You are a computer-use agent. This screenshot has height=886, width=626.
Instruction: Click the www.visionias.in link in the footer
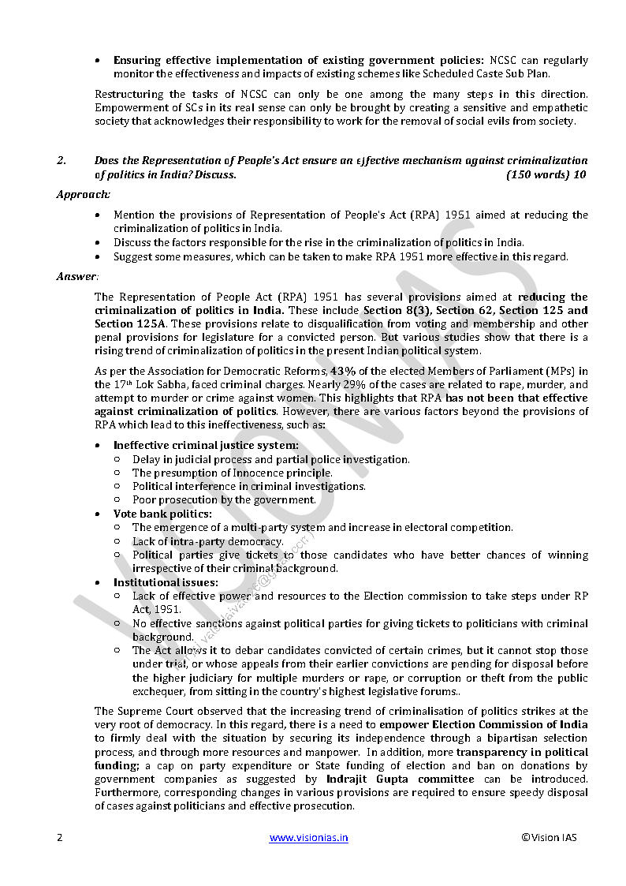pyautogui.click(x=308, y=838)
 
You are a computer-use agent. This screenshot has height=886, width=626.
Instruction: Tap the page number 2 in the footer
pyautogui.click(x=59, y=838)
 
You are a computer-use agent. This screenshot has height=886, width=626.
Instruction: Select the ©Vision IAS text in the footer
pyautogui.click(x=549, y=838)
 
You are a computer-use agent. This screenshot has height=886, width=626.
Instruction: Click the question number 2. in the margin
pyautogui.click(x=61, y=161)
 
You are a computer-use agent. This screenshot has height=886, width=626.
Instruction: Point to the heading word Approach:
pyautogui.click(x=83, y=194)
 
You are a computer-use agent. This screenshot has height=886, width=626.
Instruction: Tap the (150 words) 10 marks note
pyautogui.click(x=546, y=175)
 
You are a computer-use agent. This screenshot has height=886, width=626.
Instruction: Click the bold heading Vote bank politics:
pyautogui.click(x=162, y=514)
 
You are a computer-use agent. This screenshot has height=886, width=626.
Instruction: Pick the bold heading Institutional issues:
pyautogui.click(x=166, y=582)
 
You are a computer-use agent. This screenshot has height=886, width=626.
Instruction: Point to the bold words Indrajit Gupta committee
pyautogui.click(x=418, y=779)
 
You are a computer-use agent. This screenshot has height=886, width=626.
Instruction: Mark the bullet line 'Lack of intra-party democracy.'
pyautogui.click(x=207, y=541)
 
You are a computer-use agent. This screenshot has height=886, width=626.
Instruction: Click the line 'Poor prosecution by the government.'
pyautogui.click(x=224, y=499)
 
